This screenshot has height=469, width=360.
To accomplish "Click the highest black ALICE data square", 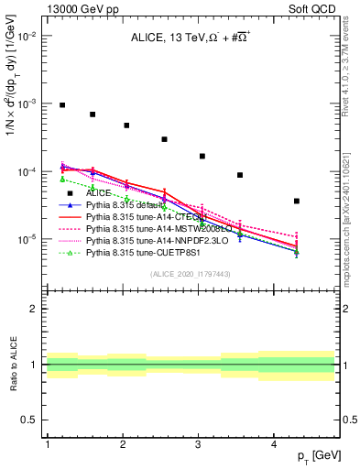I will tap(62, 105).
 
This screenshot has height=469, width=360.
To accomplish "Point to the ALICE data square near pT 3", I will tap(202, 156).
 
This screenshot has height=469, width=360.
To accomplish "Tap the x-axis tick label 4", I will tap(275, 443).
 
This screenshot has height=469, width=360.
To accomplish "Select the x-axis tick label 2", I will tap(123, 443).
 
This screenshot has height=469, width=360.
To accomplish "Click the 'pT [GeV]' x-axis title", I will tap(317, 456).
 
